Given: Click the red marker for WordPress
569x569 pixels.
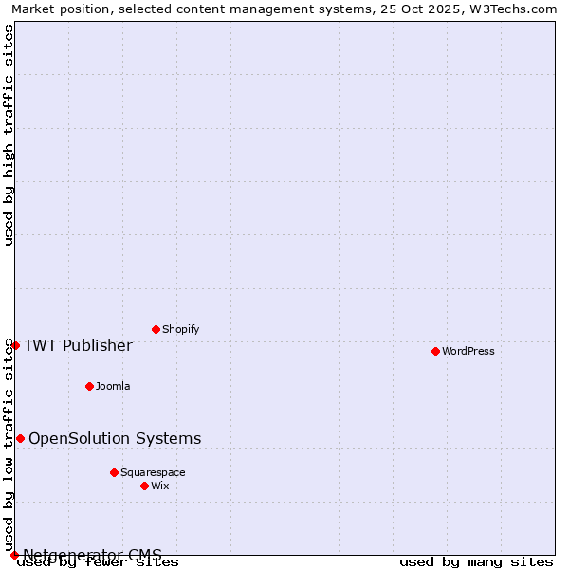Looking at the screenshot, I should (x=435, y=351).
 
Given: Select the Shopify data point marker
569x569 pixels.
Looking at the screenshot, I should (x=156, y=329).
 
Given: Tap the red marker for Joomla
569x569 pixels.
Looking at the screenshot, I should (x=89, y=386).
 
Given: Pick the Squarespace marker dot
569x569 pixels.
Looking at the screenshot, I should (x=114, y=472).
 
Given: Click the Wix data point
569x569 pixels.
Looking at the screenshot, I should (x=144, y=486).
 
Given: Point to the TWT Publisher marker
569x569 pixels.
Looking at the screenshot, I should (x=15, y=345).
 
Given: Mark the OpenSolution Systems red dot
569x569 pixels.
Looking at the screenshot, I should (x=20, y=438).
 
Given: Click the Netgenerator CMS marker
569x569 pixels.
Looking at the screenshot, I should (x=14, y=555).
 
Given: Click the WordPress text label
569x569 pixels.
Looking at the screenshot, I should (x=468, y=351).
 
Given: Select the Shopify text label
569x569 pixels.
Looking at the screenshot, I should (x=180, y=329).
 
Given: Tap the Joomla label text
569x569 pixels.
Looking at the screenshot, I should (x=113, y=386).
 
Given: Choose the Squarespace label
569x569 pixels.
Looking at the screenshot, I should (x=153, y=472).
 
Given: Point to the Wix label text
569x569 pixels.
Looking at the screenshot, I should (x=160, y=486).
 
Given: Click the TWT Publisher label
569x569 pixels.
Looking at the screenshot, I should (x=78, y=345).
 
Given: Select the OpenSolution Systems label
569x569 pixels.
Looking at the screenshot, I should (x=115, y=438).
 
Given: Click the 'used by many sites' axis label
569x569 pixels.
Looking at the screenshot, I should (x=476, y=562).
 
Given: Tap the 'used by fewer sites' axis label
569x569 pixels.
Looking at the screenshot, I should (x=98, y=562).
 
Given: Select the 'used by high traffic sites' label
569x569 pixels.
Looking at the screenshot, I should (x=9, y=135).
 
